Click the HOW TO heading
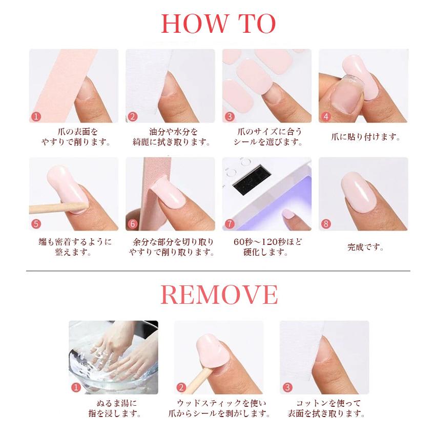tap(218, 24)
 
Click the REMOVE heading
tap(219, 295)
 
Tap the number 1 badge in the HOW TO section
tap(36, 116)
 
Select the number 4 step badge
tap(326, 116)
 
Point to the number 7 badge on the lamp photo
tap(230, 224)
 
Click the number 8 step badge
tap(326, 224)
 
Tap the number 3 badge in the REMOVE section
tap(287, 387)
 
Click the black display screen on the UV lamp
tap(252, 180)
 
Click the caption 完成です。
tap(365, 247)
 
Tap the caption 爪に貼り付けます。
tap(365, 137)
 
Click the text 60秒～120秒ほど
tap(267, 242)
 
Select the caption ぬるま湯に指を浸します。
tap(115, 408)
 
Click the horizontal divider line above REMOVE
tap(218, 271)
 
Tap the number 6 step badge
tap(133, 224)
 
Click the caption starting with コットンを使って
tap(326, 408)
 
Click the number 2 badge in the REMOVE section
tap(181, 387)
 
